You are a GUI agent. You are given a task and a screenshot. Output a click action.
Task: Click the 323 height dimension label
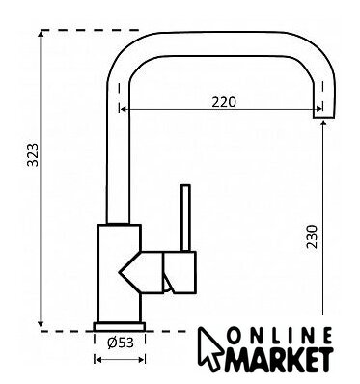[33, 154]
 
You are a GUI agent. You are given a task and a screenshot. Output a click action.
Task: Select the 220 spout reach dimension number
[224, 102]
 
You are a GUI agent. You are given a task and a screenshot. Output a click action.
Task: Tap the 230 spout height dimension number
[312, 236]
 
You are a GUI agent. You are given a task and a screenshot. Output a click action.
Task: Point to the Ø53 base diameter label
[120, 343]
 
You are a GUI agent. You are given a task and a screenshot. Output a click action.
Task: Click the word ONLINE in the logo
[280, 336]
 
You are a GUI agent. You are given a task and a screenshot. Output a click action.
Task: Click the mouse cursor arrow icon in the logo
[210, 348]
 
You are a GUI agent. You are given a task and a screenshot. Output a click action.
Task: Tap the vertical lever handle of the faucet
[185, 218]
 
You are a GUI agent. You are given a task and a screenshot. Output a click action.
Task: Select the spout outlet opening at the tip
[324, 117]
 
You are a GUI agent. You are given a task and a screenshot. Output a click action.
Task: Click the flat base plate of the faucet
[120, 326]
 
